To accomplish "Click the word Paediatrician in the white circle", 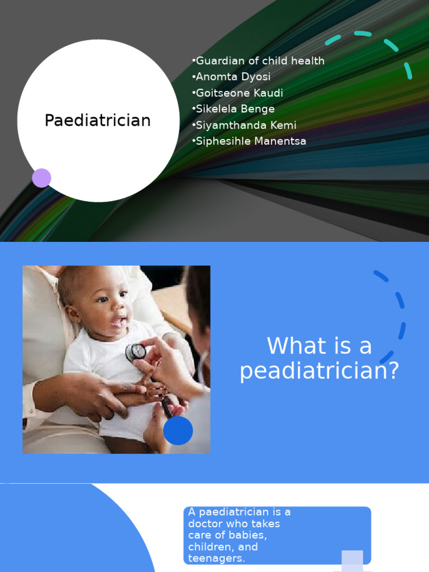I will [98, 120].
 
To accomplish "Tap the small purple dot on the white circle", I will [41, 178].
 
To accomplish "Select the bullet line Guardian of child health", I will [258, 61].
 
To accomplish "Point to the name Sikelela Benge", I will [233, 109].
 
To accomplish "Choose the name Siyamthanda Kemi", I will [244, 125].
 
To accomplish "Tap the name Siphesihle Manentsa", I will [249, 141].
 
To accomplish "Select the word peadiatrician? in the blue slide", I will [320, 371].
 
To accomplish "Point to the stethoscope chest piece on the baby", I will [136, 351].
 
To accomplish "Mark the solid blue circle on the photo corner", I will [178, 431].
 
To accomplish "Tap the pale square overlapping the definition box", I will [352, 560].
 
